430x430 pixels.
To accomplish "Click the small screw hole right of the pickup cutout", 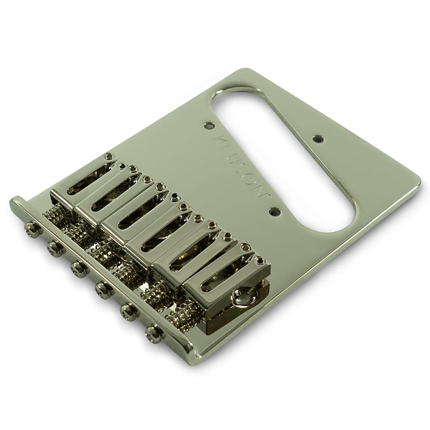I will pyautogui.click(x=319, y=139).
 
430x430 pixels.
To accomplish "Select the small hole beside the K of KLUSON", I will pyautogui.click(x=209, y=126).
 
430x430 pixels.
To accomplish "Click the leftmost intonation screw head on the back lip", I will pyautogui.click(x=33, y=230).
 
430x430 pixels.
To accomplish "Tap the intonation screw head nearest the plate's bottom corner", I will pyautogui.click(x=155, y=334).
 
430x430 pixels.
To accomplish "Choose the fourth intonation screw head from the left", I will pyautogui.click(x=104, y=290).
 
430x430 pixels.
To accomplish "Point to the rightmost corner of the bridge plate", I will pyautogui.click(x=419, y=183).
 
